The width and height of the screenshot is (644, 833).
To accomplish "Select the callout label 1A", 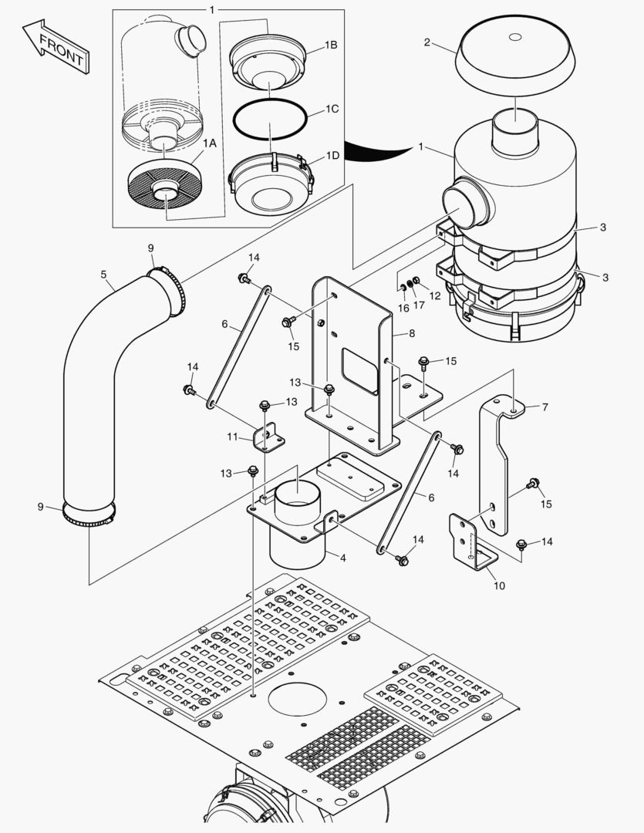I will [x=209, y=143].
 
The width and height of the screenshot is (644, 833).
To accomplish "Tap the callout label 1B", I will [x=330, y=46].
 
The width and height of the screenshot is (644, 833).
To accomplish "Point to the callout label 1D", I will [x=332, y=155].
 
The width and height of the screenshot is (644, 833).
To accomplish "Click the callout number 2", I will [x=427, y=42].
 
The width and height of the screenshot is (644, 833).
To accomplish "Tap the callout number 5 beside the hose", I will [x=103, y=273].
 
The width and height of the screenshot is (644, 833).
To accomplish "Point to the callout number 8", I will [x=411, y=334].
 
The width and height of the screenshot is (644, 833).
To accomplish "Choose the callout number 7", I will [x=545, y=406].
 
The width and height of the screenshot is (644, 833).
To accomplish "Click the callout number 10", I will [x=499, y=585].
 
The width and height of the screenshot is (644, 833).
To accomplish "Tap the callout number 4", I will [x=343, y=557].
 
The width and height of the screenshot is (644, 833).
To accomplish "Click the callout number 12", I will [x=435, y=295].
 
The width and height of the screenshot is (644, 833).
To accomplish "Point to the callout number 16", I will [x=403, y=308].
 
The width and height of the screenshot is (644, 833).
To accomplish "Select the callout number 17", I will [x=420, y=305].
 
